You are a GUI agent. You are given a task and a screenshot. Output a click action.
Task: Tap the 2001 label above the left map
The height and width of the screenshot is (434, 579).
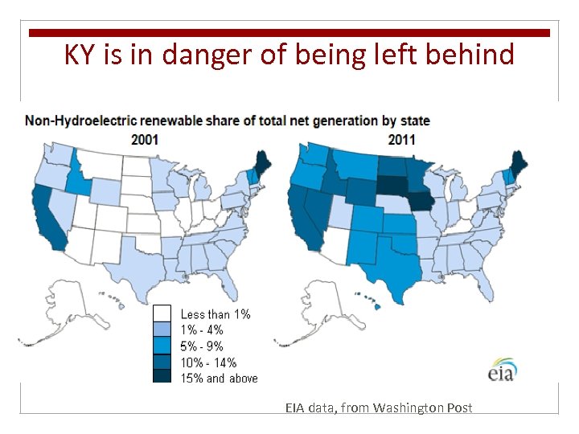[145, 139]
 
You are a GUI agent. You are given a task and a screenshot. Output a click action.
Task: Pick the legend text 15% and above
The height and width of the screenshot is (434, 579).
[219, 378]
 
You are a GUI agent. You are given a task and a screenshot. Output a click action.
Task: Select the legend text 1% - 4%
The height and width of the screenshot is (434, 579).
[202, 330]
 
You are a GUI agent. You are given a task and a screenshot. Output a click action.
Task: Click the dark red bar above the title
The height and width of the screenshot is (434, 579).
[289, 33]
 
